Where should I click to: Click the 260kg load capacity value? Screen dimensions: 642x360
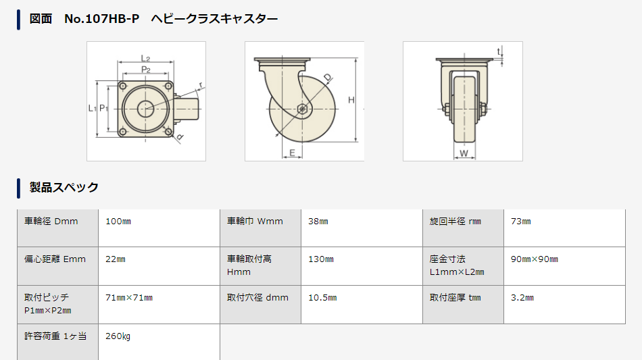point(118,336)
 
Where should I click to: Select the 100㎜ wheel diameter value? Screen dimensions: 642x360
point(118,222)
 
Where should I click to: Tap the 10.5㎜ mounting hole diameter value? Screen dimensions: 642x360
point(322,298)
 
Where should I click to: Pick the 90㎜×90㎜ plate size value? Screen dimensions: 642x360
point(535,259)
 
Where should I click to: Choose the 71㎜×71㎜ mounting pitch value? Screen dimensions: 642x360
point(129,298)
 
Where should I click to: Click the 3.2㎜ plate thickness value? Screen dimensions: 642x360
point(522,298)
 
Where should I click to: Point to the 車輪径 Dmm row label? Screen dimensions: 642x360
point(51,222)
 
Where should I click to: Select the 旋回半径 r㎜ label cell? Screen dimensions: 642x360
point(455,222)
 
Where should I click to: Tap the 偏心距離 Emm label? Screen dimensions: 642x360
point(55,259)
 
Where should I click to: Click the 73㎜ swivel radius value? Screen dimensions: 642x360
point(521,222)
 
